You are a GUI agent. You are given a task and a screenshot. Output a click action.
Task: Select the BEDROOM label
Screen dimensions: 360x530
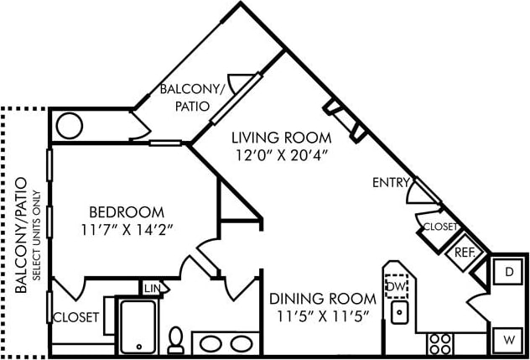[x=127, y=211]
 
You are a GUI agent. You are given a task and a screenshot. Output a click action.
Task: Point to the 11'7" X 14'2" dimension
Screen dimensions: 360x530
[x=127, y=228]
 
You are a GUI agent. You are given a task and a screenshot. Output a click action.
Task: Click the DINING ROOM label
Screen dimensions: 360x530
[x=322, y=298]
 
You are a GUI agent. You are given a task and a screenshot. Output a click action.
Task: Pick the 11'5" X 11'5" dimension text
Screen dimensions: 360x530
[x=322, y=316]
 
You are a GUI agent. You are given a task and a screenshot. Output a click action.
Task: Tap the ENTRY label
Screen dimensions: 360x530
[x=391, y=182]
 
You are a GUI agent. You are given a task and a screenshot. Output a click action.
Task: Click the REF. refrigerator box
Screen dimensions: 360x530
[x=465, y=252]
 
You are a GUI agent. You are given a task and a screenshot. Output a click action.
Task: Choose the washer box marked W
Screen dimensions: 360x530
[x=508, y=340]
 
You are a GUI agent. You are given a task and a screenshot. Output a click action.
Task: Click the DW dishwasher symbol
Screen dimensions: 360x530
[x=396, y=287]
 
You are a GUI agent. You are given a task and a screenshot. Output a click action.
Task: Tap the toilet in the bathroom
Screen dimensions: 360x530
[x=176, y=340]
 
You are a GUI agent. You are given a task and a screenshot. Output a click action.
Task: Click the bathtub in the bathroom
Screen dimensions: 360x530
[x=136, y=327]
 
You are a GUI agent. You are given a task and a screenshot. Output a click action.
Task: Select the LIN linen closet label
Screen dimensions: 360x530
[x=151, y=289]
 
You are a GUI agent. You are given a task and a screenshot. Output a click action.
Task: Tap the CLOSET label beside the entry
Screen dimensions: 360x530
[x=441, y=227]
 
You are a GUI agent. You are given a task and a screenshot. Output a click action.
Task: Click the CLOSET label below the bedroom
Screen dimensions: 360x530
[x=76, y=317]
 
